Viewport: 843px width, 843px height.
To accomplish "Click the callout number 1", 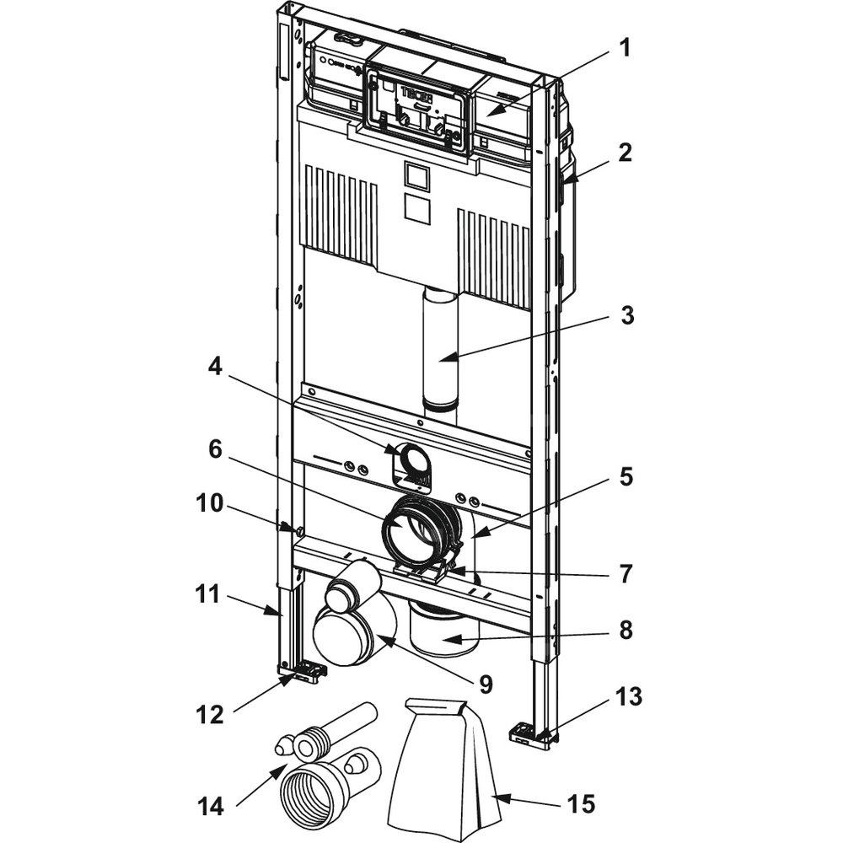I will tap(625, 48).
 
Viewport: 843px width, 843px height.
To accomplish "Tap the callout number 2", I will tap(625, 153).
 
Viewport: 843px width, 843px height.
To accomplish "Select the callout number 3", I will tap(625, 316).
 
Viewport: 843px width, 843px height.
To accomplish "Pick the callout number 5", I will tap(625, 477).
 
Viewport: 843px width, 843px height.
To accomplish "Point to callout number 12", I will tap(210, 714).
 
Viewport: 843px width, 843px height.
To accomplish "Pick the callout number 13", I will tap(628, 696).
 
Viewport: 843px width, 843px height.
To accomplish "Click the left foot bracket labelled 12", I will tap(304, 672).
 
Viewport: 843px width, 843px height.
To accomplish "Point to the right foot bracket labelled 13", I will tap(531, 733).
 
